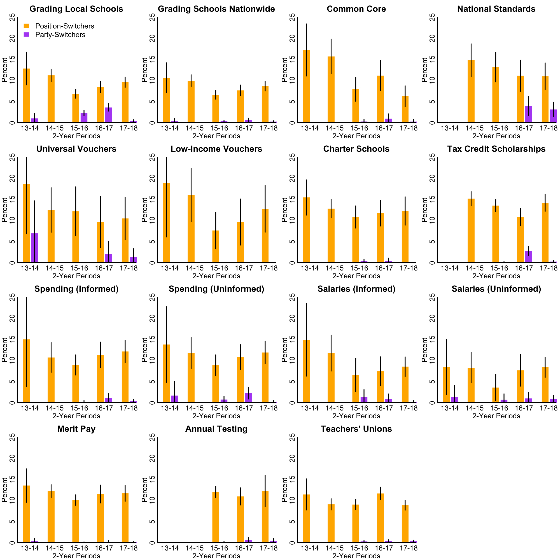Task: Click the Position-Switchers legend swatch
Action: click(26, 26)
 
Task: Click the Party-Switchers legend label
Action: click(60, 35)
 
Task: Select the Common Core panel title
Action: click(356, 9)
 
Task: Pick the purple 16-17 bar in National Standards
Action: click(528, 115)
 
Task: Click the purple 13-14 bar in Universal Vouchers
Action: click(34, 248)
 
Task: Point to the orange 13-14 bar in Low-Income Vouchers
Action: click(166, 223)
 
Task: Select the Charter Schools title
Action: click(356, 149)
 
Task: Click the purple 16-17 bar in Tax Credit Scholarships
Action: click(528, 257)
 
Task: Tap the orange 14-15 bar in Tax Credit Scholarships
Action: click(471, 231)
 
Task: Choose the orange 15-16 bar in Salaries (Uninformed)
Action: click(496, 395)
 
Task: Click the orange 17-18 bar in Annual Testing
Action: click(265, 517)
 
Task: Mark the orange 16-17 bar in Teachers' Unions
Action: click(380, 518)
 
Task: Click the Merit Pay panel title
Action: click(76, 429)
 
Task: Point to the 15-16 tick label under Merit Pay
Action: click(79, 548)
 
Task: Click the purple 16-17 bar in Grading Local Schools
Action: click(109, 115)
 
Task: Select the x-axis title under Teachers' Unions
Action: click(356, 556)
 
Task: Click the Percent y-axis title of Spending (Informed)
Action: click(4, 350)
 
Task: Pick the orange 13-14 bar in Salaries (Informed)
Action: click(306, 371)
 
